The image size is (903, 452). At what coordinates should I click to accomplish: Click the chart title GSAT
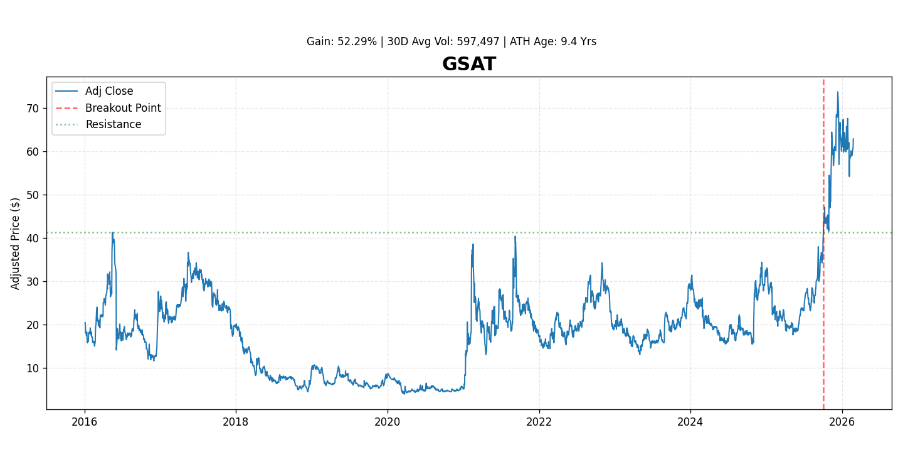click(468, 64)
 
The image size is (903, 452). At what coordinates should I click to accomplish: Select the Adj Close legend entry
click(109, 91)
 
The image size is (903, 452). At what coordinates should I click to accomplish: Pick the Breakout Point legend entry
click(123, 108)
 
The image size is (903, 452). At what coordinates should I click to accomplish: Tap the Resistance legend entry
click(113, 124)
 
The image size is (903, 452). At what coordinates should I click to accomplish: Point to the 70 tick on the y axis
click(32, 109)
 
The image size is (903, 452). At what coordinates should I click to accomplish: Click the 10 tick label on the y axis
click(32, 369)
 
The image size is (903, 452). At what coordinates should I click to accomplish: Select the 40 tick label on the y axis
click(32, 239)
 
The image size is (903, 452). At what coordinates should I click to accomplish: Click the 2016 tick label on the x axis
click(85, 422)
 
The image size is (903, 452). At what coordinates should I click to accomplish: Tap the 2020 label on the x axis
click(388, 422)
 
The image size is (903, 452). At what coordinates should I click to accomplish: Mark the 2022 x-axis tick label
click(539, 422)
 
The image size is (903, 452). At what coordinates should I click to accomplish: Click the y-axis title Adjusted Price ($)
click(16, 243)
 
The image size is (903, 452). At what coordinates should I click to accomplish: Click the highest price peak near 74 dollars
click(837, 93)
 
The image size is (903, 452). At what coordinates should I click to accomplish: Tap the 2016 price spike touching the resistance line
click(113, 233)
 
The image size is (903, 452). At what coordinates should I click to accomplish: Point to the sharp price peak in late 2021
click(515, 237)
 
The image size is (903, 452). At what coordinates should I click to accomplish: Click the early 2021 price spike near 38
click(473, 245)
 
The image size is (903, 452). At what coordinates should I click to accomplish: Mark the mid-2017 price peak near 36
click(188, 253)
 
